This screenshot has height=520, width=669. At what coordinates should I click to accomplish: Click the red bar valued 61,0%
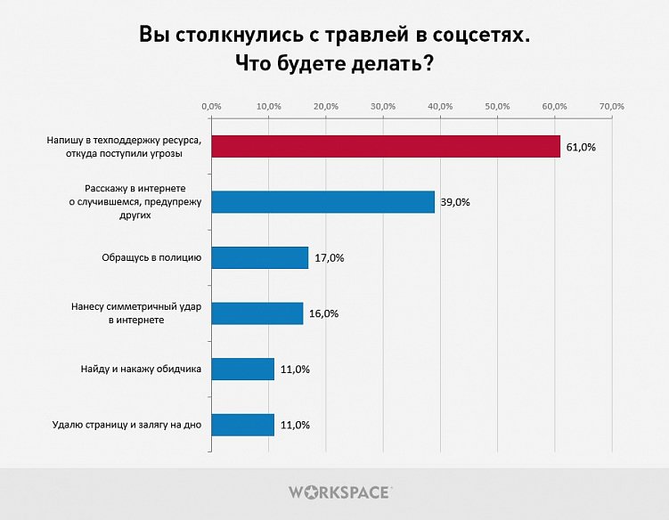(386, 147)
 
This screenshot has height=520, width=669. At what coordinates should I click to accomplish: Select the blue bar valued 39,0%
(322, 202)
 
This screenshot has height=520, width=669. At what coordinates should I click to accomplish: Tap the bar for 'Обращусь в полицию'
(259, 258)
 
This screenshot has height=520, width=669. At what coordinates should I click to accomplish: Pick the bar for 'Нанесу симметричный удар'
(257, 313)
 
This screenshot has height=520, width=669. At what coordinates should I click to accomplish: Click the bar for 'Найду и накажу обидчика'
(242, 369)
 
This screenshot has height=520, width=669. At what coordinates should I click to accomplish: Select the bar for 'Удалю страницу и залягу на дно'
(242, 425)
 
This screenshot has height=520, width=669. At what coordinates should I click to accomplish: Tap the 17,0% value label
(328, 258)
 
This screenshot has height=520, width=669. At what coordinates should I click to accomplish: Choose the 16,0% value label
(322, 313)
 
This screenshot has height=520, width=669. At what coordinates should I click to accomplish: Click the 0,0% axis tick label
(211, 107)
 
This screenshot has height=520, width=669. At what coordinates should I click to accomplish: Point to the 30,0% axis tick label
(383, 107)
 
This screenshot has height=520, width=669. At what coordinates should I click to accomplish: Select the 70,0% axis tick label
(612, 107)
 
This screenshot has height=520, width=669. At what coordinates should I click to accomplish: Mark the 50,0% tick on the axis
(497, 107)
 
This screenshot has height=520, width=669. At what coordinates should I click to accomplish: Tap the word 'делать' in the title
(381, 64)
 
